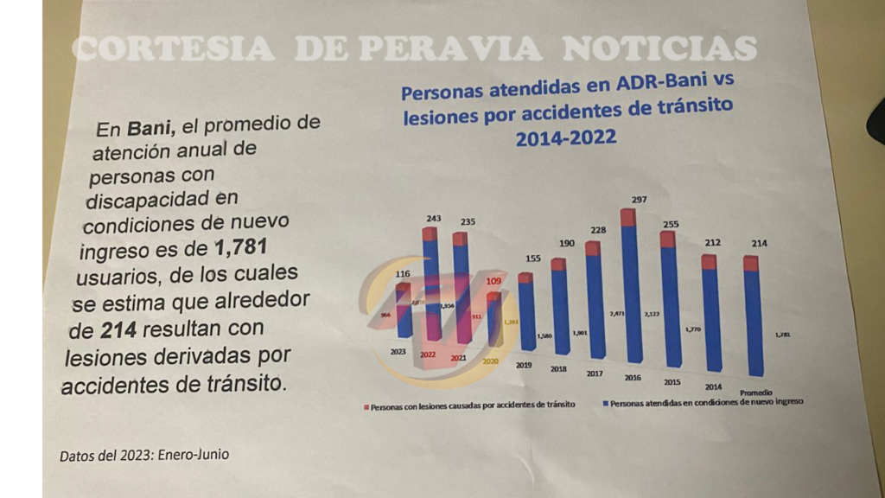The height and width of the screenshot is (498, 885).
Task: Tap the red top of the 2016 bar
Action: [628, 217]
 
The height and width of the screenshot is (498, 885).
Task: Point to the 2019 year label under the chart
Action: [524, 365]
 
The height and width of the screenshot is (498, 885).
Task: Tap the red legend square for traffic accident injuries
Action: [366, 405]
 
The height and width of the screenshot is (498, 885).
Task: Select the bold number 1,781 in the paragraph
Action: [239, 251]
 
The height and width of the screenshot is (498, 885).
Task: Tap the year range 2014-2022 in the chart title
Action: [566, 138]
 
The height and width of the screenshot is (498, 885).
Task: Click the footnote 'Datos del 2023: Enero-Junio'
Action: [144, 455]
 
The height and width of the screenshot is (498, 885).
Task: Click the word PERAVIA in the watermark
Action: [449, 48]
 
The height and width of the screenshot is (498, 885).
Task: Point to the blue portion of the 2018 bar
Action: [561, 311]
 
